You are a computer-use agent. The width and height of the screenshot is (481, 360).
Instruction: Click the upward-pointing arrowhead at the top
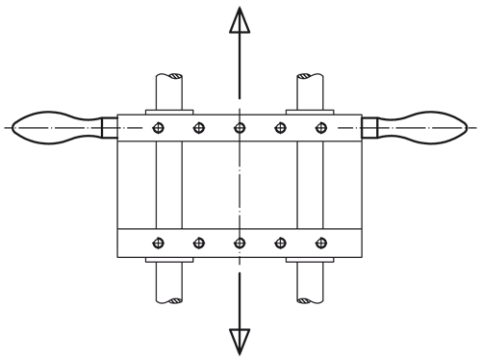[239, 21]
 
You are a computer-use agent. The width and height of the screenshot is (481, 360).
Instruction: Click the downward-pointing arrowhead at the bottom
[239, 341]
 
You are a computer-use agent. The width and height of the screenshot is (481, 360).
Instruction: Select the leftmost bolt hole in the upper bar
[160, 127]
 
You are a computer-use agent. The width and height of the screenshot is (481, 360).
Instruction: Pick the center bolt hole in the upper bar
[239, 127]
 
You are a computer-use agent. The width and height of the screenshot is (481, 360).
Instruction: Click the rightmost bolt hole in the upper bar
[318, 127]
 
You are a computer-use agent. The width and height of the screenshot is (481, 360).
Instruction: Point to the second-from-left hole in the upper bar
[199, 127]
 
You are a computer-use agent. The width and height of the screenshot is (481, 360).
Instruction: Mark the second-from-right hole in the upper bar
[279, 127]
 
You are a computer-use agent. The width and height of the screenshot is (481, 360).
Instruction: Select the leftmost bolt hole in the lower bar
[160, 242]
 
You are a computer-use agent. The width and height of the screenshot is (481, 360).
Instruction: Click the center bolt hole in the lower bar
[239, 242]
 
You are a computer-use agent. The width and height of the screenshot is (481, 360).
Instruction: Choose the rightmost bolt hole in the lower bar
[318, 242]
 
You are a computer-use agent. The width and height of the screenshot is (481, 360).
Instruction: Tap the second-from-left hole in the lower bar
[199, 242]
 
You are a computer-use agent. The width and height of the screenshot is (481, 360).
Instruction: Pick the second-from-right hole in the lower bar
[279, 242]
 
